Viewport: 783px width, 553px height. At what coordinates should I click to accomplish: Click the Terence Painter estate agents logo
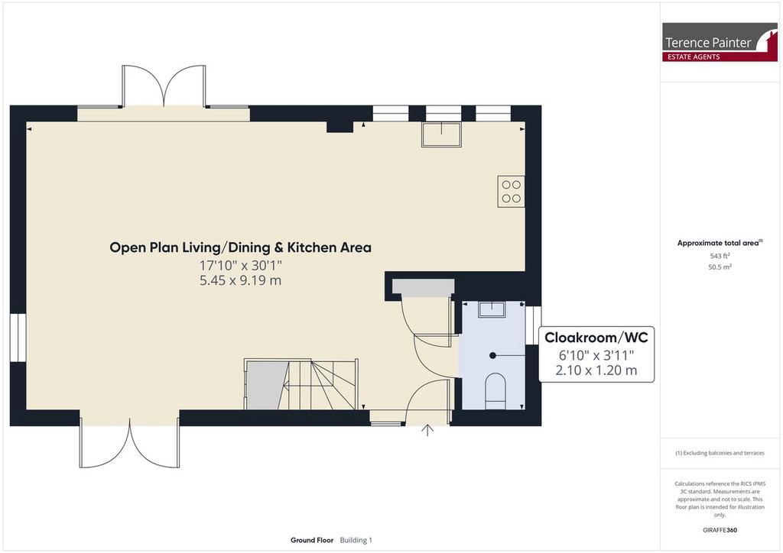coord(720,42)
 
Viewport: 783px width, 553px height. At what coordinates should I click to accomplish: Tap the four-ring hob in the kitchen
coord(511,191)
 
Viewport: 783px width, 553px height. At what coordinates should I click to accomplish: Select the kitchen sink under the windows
coord(441,134)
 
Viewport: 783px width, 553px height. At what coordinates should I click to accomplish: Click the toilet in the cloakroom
coord(495,390)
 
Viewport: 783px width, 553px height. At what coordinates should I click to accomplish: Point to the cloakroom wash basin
coord(492,309)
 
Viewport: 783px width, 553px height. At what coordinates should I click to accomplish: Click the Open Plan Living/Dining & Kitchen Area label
coord(240,247)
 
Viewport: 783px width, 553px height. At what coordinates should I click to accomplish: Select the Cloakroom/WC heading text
coord(596,338)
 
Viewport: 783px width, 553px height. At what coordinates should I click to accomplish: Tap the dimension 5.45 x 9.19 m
coord(240,280)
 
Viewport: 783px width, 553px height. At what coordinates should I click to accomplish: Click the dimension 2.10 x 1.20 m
coord(596,370)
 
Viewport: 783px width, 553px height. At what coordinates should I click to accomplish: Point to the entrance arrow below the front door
coord(427,430)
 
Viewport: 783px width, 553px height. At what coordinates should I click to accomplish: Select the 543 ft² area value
coord(720,256)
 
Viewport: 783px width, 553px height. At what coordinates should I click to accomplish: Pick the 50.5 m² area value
coord(720,267)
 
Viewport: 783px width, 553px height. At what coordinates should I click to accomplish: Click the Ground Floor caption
coord(312,540)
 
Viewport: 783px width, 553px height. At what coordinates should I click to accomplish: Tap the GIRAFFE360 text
coord(720,530)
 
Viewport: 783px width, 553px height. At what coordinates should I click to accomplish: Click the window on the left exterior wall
coord(18,338)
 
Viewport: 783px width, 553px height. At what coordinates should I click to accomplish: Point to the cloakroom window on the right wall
coord(533,325)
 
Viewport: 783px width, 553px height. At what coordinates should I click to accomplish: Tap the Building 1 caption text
coord(356,540)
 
